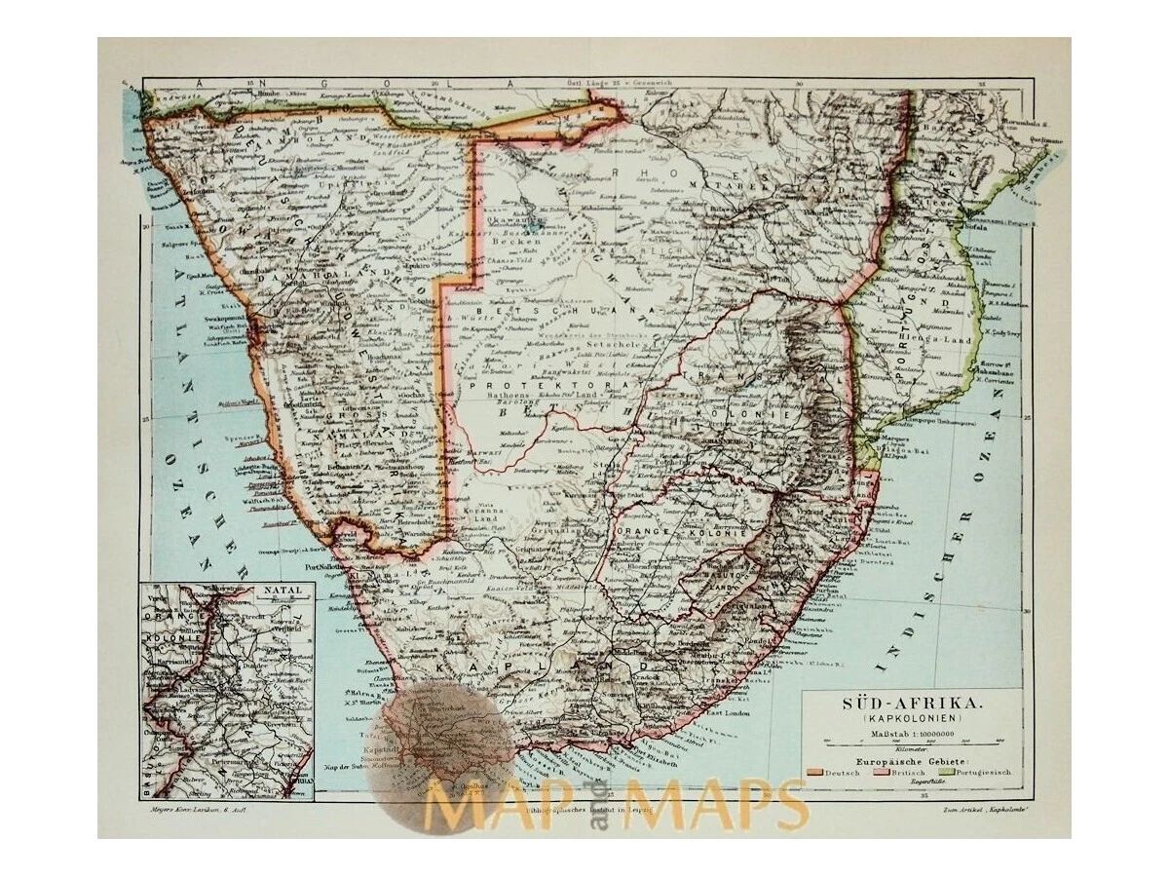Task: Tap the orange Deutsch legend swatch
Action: pyautogui.click(x=815, y=773)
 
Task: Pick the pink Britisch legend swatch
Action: pyautogui.click(x=869, y=773)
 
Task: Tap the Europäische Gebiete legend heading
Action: pyautogui.click(x=911, y=757)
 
